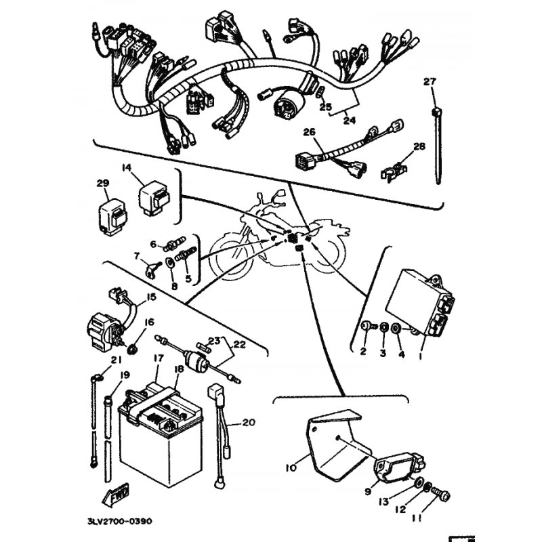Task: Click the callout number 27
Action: click(430, 82)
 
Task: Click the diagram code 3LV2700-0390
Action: click(120, 521)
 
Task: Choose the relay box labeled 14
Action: click(154, 201)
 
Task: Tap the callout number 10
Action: click(291, 468)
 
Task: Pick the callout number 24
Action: click(349, 121)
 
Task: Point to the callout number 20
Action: click(249, 422)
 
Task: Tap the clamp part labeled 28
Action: click(394, 171)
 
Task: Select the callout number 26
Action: click(310, 132)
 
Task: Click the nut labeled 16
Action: click(132, 350)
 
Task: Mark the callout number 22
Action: click(240, 344)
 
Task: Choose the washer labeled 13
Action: click(417, 482)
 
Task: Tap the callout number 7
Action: click(137, 256)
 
